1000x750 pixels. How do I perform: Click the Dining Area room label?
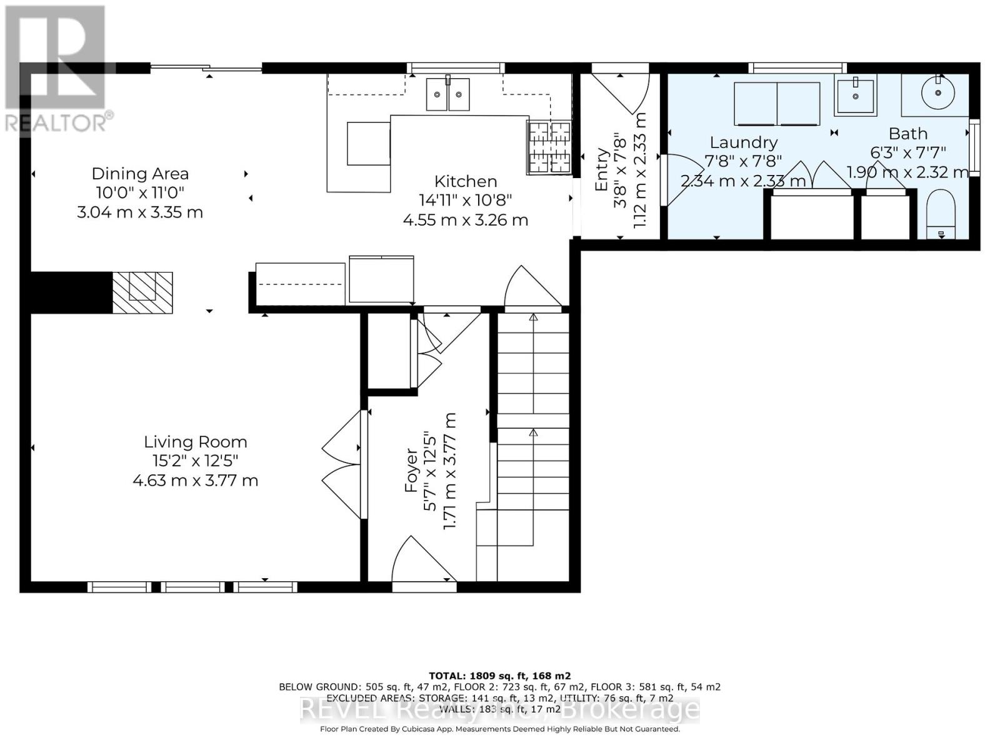click(x=140, y=174)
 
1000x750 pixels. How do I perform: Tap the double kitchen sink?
click(x=447, y=94)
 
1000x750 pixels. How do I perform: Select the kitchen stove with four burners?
click(x=550, y=147)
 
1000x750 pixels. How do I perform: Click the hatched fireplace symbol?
click(x=142, y=292)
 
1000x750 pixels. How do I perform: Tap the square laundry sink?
click(x=855, y=95)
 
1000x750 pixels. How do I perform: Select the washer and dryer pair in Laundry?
click(x=777, y=104)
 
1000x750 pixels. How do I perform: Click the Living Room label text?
click(x=196, y=442)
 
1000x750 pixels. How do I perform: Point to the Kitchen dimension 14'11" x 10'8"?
click(x=466, y=201)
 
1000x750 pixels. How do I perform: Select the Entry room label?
click(x=602, y=170)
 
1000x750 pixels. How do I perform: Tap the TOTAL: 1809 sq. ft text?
click(x=499, y=676)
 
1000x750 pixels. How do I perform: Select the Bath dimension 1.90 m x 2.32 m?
click(x=907, y=172)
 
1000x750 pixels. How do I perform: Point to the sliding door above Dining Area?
click(x=206, y=68)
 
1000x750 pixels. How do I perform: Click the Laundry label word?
click(x=744, y=142)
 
